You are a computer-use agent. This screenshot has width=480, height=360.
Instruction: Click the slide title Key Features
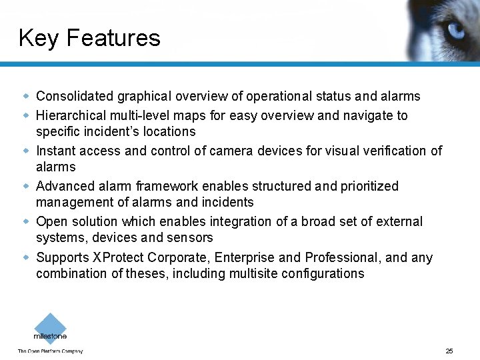tap(89, 38)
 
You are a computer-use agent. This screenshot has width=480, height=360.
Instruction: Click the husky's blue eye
tap(457, 29)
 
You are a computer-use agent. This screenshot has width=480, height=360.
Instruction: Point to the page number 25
tap(449, 351)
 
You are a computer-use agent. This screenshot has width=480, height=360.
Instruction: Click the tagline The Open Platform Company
tap(50, 351)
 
